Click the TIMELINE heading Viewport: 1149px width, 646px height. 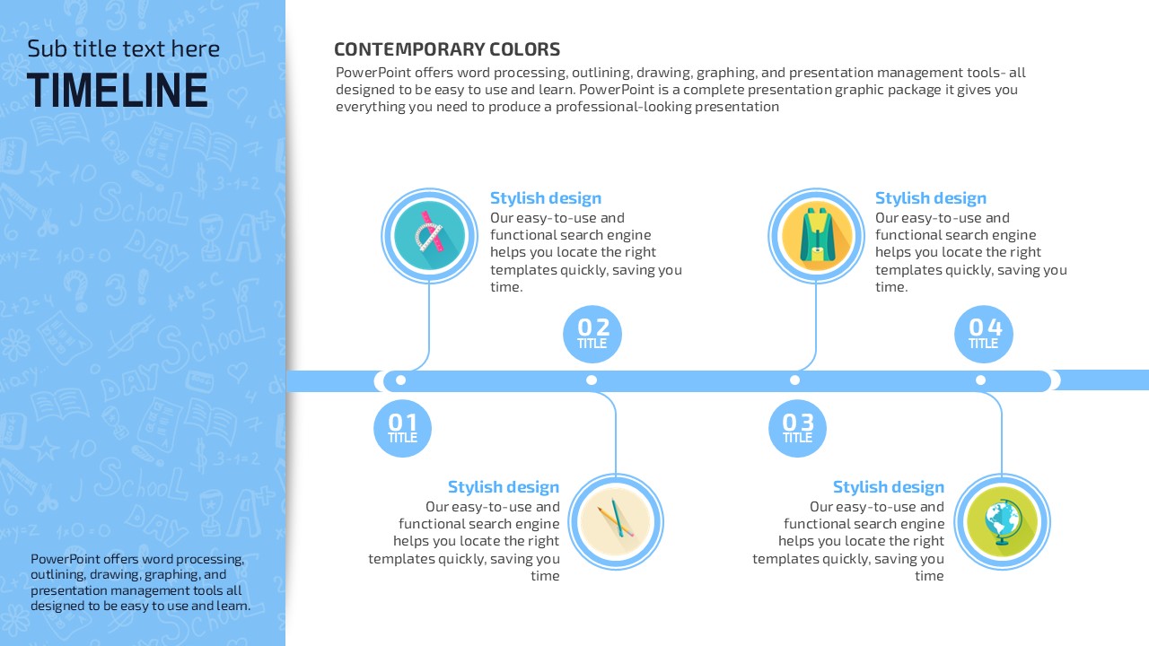tap(118, 91)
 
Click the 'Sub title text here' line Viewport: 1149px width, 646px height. tap(123, 48)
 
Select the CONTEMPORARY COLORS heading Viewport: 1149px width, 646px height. tap(447, 49)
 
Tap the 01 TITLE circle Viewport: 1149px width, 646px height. tap(403, 429)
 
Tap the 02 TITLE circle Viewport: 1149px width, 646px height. tap(592, 335)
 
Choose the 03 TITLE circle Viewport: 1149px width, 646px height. tap(798, 429)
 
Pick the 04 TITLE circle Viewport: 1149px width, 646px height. tap(984, 335)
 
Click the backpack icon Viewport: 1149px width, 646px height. tap(816, 236)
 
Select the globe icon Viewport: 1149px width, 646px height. tap(1003, 522)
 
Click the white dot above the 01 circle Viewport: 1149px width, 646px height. tap(401, 380)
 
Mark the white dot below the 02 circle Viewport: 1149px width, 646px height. tap(592, 380)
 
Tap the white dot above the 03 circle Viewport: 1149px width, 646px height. tap(795, 380)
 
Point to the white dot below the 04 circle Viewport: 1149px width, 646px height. tap(981, 380)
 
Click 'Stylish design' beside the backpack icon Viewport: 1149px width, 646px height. tap(931, 198)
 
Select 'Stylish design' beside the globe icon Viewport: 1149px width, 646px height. tap(889, 486)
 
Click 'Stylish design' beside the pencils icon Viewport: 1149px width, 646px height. tap(504, 486)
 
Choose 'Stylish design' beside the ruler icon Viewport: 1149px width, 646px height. tap(546, 198)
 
